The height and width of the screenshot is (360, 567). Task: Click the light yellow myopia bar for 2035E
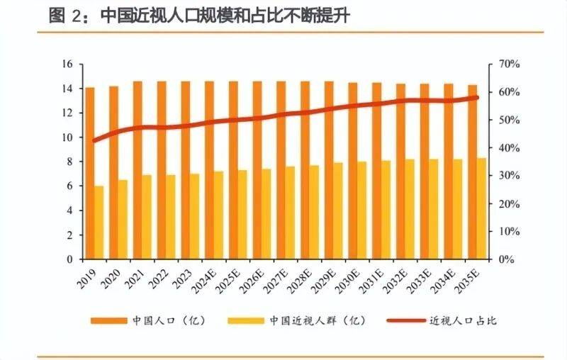(482, 208)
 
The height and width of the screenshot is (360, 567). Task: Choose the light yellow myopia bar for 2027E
(291, 213)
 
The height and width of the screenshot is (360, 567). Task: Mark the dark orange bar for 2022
(162, 170)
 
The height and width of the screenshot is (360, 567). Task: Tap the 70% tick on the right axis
(510, 64)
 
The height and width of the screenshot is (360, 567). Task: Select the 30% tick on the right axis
(510, 176)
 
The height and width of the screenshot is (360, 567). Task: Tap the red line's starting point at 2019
(95, 140)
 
